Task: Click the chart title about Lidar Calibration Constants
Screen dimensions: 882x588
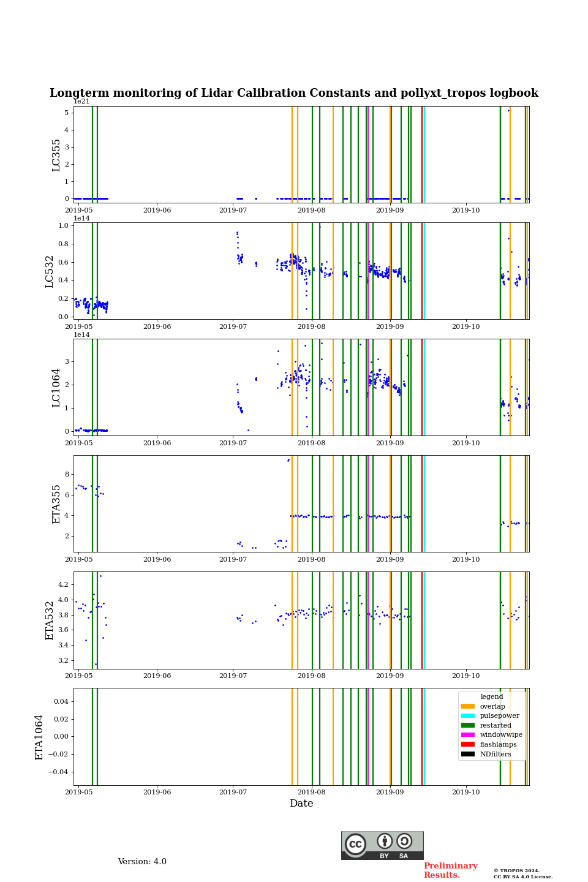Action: coord(294,93)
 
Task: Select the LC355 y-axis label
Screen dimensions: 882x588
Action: coord(56,155)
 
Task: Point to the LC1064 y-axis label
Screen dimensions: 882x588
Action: coord(56,387)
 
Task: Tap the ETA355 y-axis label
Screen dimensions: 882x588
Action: coord(56,503)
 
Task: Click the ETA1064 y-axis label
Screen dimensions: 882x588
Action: coord(40,737)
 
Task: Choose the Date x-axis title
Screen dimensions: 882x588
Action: coord(301,804)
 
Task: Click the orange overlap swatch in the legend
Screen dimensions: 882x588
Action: coord(468,706)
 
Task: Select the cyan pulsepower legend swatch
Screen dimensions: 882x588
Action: coord(468,715)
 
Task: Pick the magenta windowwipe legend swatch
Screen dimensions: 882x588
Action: coord(468,735)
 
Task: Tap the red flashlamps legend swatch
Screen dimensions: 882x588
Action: coord(468,744)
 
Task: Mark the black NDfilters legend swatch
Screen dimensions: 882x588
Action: coord(468,754)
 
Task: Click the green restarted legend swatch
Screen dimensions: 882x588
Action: coord(468,725)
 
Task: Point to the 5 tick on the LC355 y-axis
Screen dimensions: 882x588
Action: coord(66,113)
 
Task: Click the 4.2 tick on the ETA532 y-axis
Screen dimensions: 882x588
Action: coord(63,584)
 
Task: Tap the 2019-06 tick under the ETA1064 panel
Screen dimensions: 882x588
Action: coord(157,792)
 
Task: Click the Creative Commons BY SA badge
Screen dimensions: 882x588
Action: coord(382,845)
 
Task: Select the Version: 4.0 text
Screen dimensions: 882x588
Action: coord(142,862)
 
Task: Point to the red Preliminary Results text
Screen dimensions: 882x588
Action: coord(450,870)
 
